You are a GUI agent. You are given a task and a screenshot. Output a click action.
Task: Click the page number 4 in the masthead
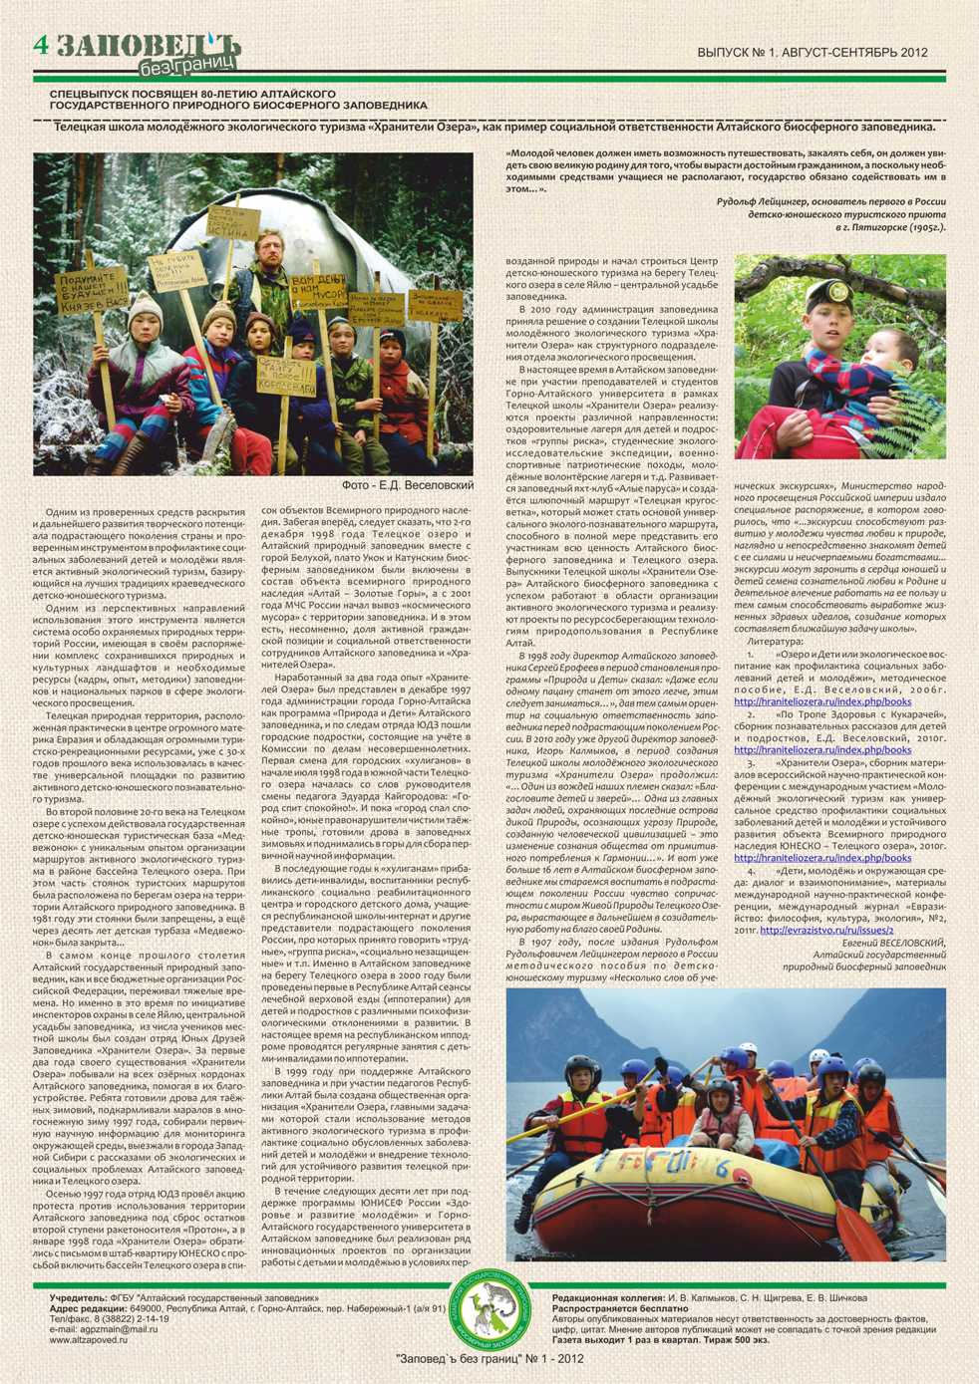pyautogui.click(x=41, y=45)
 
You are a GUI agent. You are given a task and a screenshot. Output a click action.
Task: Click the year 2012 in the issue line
pyautogui.click(x=912, y=52)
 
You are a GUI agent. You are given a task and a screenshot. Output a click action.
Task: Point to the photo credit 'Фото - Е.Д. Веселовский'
pyautogui.click(x=408, y=485)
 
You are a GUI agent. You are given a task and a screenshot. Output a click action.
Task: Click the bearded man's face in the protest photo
pyautogui.click(x=268, y=244)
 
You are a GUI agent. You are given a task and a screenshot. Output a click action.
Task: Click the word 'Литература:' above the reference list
pyautogui.click(x=775, y=643)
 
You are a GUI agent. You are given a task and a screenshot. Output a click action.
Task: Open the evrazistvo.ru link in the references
pyautogui.click(x=826, y=931)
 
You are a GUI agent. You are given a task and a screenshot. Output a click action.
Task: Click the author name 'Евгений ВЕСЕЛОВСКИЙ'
pyautogui.click(x=893, y=943)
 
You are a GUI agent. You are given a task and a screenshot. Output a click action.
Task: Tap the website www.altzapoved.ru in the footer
pyautogui.click(x=89, y=1340)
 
